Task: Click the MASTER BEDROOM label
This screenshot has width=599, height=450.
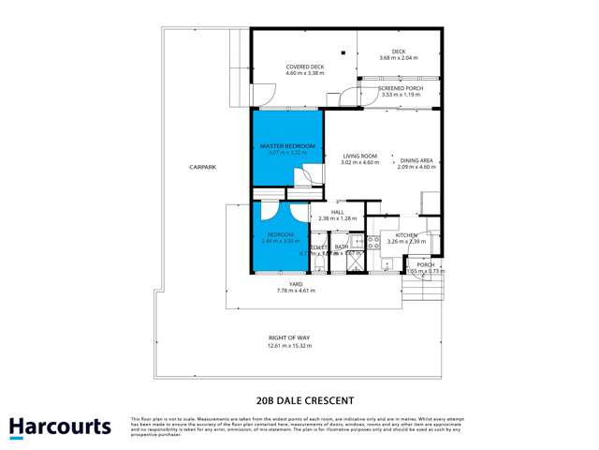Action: (287, 146)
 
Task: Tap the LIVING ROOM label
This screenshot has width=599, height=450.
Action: (358, 157)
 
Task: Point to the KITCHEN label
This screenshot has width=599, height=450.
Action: (405, 234)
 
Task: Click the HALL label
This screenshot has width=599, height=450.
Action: (337, 212)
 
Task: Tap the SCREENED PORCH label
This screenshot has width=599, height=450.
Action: (401, 88)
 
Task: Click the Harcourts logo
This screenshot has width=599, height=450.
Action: (61, 427)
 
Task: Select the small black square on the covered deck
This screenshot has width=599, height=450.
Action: (343, 52)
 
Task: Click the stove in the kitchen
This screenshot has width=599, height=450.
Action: (373, 242)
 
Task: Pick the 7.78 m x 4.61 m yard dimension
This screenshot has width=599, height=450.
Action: (286, 292)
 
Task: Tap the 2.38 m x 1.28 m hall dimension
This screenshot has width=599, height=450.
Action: (337, 219)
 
